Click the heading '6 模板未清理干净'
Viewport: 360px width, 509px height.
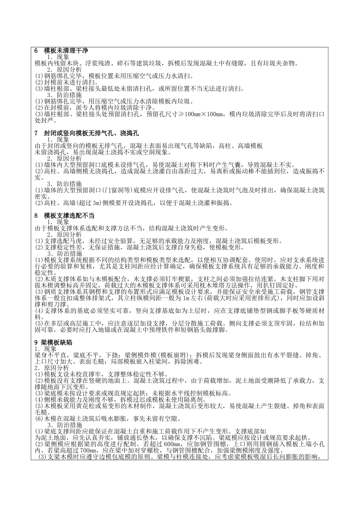pyautogui.click(x=61, y=50)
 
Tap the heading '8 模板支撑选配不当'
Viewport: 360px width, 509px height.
pyautogui.click(x=64, y=215)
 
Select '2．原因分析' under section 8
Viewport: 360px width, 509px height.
pyautogui.click(x=64, y=234)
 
